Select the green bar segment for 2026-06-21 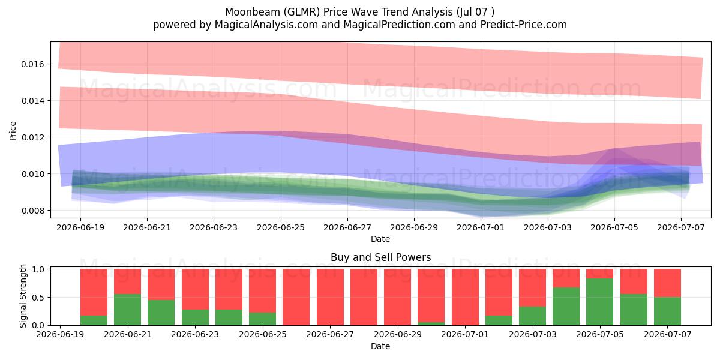(x=127, y=310)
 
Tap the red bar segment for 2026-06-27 (x=330, y=297)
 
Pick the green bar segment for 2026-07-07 (x=667, y=311)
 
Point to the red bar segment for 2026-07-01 (x=465, y=297)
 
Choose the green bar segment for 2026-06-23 (x=195, y=317)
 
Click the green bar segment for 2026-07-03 (x=532, y=316)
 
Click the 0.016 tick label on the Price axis (x=32, y=64)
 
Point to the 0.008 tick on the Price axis (x=32, y=211)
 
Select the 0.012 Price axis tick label (x=32, y=137)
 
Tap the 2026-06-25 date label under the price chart (x=281, y=227)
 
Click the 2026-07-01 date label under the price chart (x=481, y=227)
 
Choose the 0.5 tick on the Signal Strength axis (x=38, y=298)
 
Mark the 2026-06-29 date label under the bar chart (x=398, y=334)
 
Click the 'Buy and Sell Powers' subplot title (x=380, y=257)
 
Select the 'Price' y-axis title (x=13, y=131)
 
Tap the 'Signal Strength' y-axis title (x=23, y=296)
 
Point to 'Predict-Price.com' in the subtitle (x=524, y=25)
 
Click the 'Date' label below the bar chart (x=380, y=346)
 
